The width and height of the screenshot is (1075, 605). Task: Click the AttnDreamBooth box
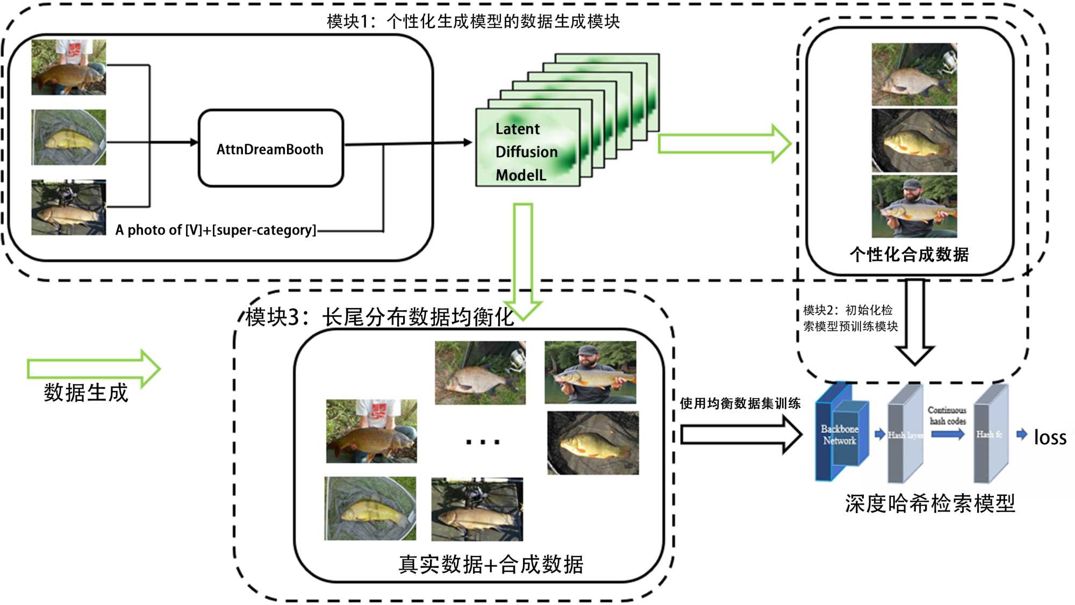coord(270,148)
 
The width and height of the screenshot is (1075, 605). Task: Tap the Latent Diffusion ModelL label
coord(526,152)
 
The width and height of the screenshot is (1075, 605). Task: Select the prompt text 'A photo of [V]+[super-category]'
coord(216,230)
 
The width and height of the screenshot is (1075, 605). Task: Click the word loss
coord(1050,437)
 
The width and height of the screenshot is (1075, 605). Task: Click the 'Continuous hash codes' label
coord(947,415)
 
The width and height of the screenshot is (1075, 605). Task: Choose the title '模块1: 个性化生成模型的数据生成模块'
coord(473,21)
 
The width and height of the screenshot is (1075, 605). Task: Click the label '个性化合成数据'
coord(909,254)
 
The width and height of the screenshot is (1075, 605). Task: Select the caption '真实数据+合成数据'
coord(491,564)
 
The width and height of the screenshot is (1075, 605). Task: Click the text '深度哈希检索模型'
coord(930,503)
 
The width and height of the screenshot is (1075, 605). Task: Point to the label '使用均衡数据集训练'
coord(740,404)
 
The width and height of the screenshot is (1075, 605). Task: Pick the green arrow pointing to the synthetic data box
coord(723,143)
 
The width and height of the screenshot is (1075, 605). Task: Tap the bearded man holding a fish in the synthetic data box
coord(914,206)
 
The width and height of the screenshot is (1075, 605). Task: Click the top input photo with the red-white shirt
coord(69,67)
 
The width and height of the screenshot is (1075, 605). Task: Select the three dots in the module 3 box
coord(483,442)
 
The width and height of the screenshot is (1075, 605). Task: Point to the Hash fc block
coord(990,434)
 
